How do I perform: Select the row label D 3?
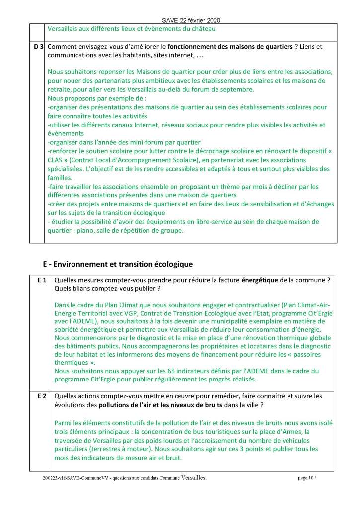(x=37, y=46)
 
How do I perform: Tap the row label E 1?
(x=42, y=280)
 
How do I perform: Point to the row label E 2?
(x=42, y=396)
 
